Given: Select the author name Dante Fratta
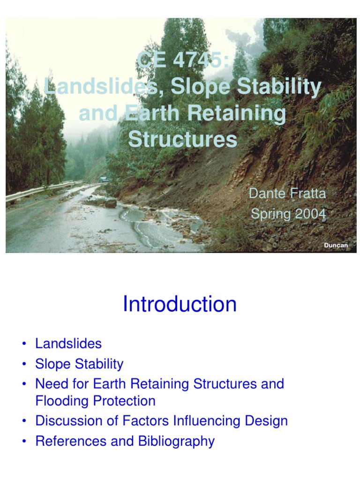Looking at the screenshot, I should click(x=287, y=194).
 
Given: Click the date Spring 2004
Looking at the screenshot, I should click(x=288, y=214).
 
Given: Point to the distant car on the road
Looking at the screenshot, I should click(x=102, y=180).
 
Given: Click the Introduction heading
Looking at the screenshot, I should click(x=180, y=304).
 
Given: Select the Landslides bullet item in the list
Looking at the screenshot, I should click(x=68, y=344).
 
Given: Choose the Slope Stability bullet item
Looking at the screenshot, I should click(x=79, y=364).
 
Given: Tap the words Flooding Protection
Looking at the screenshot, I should click(x=95, y=401).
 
